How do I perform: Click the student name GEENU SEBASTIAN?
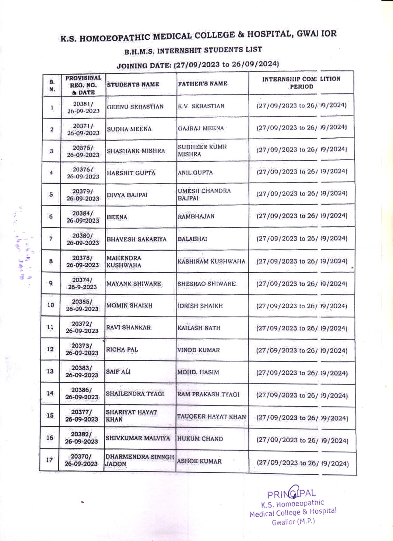pyautogui.click(x=135, y=107)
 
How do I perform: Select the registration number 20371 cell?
pyautogui.click(x=83, y=130)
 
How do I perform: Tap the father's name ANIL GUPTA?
pyautogui.click(x=195, y=173)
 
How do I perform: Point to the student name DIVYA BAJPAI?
pyautogui.click(x=127, y=195)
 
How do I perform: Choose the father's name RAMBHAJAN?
pyautogui.click(x=196, y=216)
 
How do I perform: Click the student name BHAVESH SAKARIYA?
pyautogui.click(x=137, y=239)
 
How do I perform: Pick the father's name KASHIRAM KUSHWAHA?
pyautogui.click(x=212, y=261)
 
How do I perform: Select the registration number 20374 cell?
pyautogui.click(x=82, y=283)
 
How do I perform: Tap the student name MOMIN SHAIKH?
pyautogui.click(x=129, y=306)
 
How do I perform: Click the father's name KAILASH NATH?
pyautogui.click(x=199, y=328)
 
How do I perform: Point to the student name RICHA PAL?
pyautogui.click(x=122, y=350)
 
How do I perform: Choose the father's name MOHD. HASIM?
pyautogui.click(x=198, y=372)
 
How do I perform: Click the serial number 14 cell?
pyautogui.click(x=50, y=393)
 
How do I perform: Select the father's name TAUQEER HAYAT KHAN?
pyautogui.click(x=212, y=417)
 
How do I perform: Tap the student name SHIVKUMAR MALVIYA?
pyautogui.click(x=138, y=438)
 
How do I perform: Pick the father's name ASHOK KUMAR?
pyautogui.click(x=199, y=461)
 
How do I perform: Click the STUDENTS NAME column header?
pyautogui.click(x=133, y=85)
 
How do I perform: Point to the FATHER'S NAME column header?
pyautogui.click(x=202, y=84)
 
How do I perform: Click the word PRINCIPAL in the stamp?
pyautogui.click(x=291, y=494)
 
